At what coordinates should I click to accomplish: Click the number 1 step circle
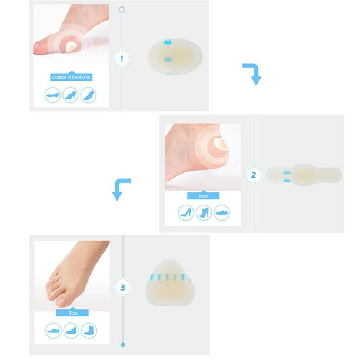[122, 59]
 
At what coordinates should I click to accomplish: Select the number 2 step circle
[254, 175]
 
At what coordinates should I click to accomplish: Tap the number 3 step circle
[122, 288]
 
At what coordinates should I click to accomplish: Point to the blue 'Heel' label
[204, 195]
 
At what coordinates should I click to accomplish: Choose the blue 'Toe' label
[72, 314]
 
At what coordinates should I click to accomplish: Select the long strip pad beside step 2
[303, 174]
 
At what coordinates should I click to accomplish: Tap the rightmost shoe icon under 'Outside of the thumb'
[88, 95]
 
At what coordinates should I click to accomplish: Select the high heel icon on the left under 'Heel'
[186, 212]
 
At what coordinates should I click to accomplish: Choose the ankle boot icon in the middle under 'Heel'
[204, 212]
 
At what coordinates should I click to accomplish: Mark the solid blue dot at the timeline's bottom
[122, 345]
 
